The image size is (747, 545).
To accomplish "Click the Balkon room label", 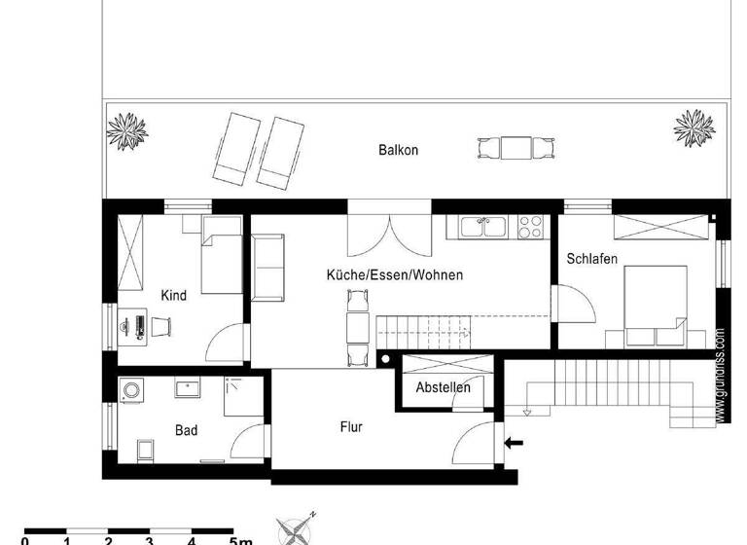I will pos(398,150).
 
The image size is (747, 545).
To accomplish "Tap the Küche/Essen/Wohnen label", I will pos(394,275).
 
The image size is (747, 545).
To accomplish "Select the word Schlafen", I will pos(592,259).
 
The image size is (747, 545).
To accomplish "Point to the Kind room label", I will pos(174,295).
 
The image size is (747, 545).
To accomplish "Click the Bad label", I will pos(187,429).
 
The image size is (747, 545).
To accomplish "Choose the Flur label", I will pos(351,426).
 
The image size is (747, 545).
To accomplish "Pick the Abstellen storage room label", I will pos(443,387).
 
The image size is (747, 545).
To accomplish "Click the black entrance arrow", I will pos(514,444).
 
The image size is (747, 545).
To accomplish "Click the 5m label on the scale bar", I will pos(240,540).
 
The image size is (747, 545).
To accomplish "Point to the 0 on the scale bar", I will pos(25,540).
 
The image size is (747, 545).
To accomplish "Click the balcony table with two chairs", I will pos(516,149).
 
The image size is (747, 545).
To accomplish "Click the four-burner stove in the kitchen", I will pos(530,227).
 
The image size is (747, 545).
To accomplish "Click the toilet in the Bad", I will pos(146,452).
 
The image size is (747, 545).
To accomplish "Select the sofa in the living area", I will pos(267,269).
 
